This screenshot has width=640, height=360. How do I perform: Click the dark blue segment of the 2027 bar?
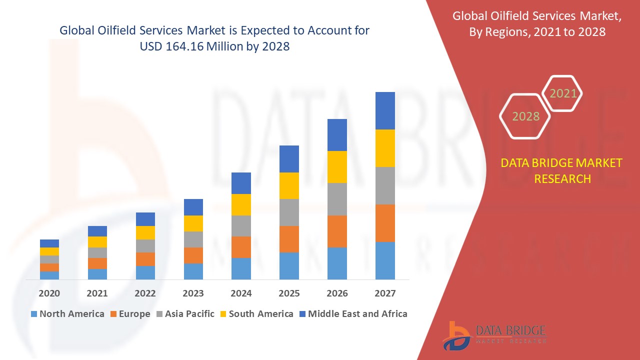385,110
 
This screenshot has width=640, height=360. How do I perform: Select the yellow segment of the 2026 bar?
337,166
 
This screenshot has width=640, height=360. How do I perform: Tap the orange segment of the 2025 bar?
289,239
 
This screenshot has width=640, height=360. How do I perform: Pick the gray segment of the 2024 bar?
241,225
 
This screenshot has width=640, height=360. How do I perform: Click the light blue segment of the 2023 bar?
193,271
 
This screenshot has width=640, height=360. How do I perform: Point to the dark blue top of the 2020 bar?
49,243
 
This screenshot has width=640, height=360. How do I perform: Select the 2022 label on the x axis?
145,293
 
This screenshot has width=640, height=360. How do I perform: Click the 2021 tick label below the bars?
97,293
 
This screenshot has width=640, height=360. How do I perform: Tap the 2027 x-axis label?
385,293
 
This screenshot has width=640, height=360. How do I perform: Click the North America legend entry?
67,314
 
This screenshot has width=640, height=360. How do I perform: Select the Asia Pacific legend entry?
185,314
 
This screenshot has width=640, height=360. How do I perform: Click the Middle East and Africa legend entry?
353,314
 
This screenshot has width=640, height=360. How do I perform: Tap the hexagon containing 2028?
525,116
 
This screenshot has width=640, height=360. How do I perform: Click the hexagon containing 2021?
563,93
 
